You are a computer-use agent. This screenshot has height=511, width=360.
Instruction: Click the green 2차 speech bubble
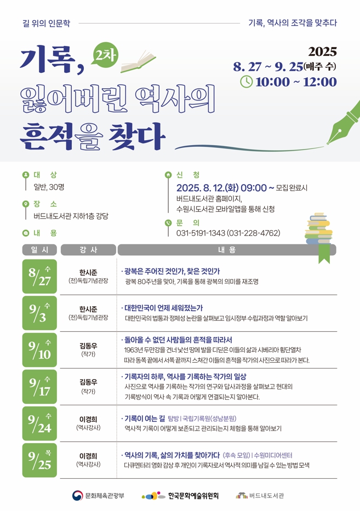click(102, 55)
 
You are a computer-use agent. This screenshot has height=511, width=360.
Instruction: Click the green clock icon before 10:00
click(247, 82)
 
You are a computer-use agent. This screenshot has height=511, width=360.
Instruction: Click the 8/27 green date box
click(39, 277)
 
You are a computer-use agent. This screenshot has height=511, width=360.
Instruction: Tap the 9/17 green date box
click(39, 387)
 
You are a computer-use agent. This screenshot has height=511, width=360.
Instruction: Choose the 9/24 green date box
click(39, 423)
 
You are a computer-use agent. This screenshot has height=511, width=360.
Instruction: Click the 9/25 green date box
click(39, 460)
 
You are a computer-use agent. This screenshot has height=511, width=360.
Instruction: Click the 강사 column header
click(88, 250)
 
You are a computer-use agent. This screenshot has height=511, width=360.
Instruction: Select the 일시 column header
click(39, 250)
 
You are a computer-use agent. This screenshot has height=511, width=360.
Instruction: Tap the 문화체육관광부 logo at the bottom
click(99, 496)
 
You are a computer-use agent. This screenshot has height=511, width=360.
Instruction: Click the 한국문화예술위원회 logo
click(180, 496)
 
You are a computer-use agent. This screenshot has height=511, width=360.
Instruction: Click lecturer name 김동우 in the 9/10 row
click(88, 345)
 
